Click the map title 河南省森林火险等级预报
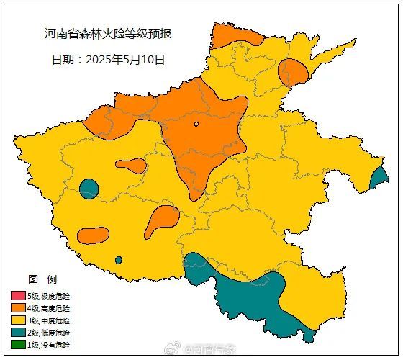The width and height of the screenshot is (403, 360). click(x=107, y=34)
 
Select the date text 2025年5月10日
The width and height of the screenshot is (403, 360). click(x=108, y=59)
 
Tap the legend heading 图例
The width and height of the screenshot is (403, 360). click(x=42, y=279)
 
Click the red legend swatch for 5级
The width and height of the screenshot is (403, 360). click(x=17, y=296)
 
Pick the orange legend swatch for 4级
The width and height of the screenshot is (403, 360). click(x=17, y=308)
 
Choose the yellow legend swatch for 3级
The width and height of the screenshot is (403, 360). click(x=17, y=320)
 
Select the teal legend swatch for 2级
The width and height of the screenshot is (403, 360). click(x=17, y=333)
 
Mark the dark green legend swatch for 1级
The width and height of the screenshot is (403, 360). click(x=17, y=345)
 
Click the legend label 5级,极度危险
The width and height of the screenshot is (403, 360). click(x=49, y=296)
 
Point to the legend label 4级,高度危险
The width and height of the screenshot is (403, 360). click(x=49, y=308)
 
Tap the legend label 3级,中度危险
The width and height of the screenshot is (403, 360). click(x=49, y=320)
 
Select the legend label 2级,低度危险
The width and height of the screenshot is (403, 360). click(x=49, y=333)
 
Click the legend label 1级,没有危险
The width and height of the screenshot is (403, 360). click(x=49, y=345)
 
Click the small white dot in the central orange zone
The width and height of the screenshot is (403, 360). click(x=196, y=124)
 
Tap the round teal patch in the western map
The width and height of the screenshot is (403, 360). click(x=89, y=189)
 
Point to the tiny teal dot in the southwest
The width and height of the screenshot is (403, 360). click(x=118, y=260)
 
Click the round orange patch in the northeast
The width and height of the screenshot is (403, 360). click(x=293, y=72)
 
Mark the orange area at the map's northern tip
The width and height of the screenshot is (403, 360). click(x=234, y=34)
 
